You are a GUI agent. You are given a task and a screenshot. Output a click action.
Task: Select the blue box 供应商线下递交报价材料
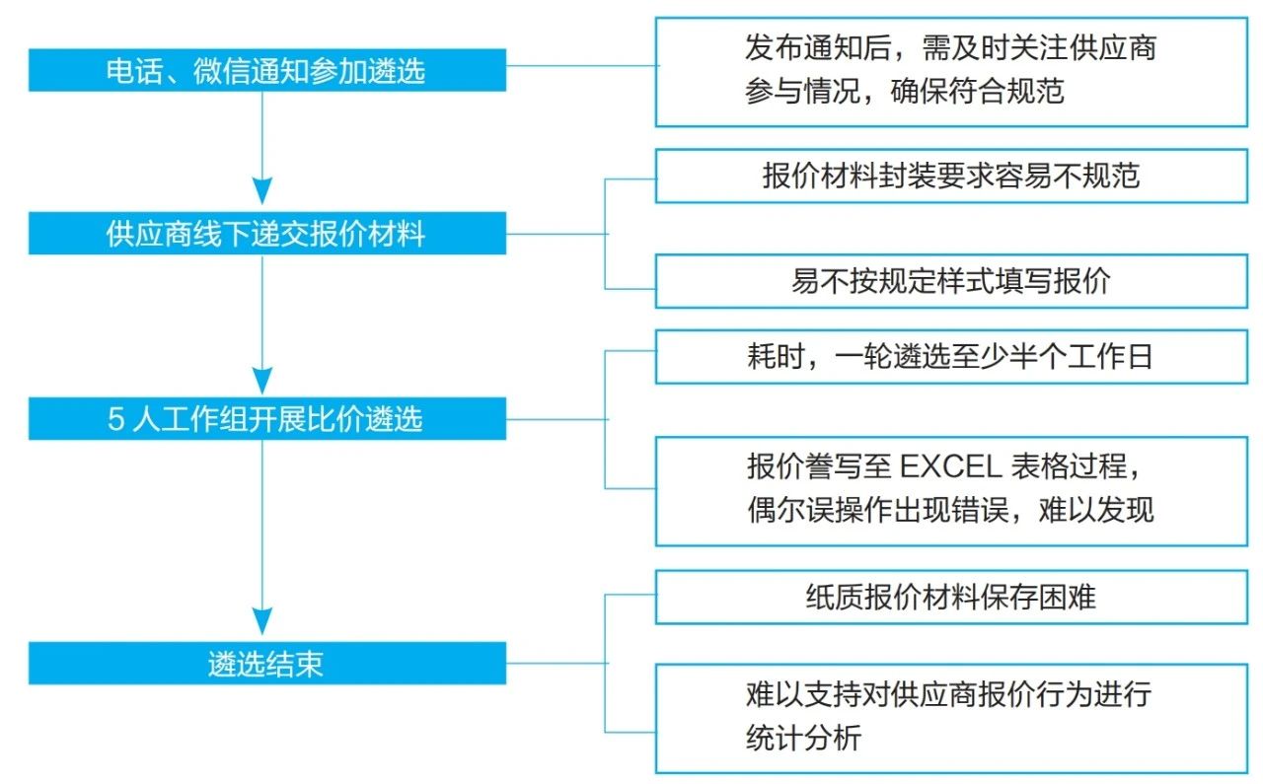[266, 235]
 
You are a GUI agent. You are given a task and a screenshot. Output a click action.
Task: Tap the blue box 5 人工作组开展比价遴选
[266, 419]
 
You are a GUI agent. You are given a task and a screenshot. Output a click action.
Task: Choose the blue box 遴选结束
[266, 664]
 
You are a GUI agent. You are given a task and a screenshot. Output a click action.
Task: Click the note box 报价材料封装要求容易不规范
[951, 177]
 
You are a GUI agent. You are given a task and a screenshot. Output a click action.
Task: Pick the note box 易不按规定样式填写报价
[951, 282]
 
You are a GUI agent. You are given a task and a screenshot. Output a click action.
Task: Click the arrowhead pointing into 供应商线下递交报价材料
[261, 192]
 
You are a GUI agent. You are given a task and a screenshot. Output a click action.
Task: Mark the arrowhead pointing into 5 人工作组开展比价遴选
[261, 379]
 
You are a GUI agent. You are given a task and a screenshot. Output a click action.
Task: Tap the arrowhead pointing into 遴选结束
[261, 621]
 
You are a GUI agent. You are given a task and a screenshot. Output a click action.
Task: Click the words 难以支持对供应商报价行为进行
[948, 694]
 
